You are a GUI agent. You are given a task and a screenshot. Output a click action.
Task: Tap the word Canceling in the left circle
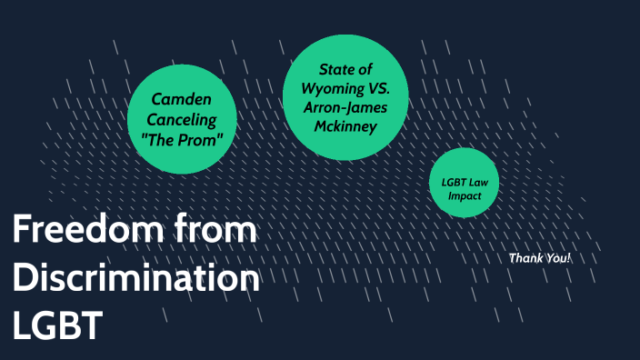point(182,119)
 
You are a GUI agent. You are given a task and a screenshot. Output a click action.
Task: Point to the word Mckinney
point(346,127)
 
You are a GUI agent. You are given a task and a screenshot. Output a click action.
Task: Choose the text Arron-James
point(346,109)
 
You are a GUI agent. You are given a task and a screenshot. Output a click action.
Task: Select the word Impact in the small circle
point(464,195)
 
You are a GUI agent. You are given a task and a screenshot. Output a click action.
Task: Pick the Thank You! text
point(539,258)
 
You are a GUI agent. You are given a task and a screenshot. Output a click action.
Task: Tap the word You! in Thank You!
point(556,258)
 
